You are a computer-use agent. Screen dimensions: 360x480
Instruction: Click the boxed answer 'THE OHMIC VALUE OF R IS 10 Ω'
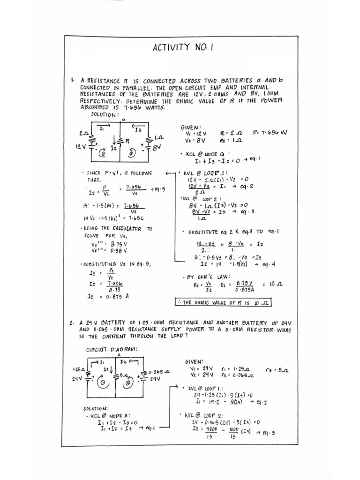pos(223,303)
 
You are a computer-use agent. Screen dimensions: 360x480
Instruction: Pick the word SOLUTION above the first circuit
pos(105,115)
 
